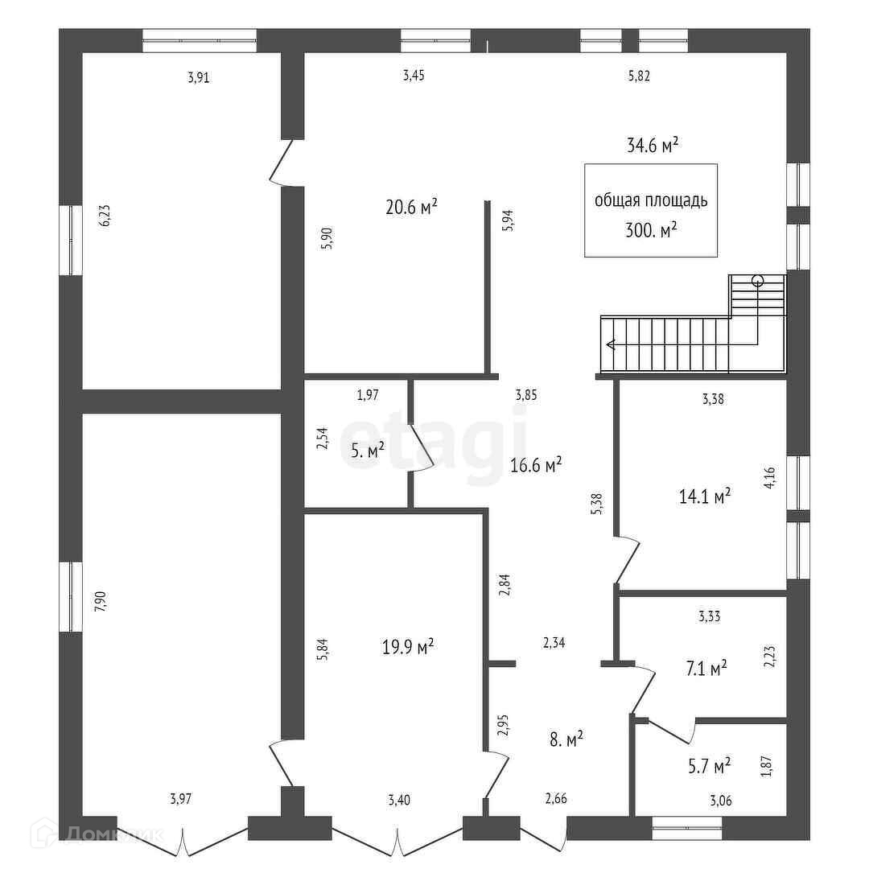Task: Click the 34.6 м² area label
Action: (x=652, y=145)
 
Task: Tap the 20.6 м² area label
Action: (x=411, y=207)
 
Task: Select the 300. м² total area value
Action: (x=650, y=230)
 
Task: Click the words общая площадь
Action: (x=651, y=201)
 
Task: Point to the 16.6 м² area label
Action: (x=536, y=465)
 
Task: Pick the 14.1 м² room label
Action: (x=705, y=496)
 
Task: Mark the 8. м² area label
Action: (x=566, y=739)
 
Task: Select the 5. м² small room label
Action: (x=368, y=450)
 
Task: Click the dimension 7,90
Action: (x=100, y=601)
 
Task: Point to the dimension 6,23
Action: (x=103, y=216)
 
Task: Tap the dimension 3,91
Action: (x=199, y=78)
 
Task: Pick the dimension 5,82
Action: (x=638, y=76)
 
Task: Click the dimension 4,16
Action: (x=769, y=478)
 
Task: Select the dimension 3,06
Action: (x=720, y=800)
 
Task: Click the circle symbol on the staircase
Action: (x=757, y=281)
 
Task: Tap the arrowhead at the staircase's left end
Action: (x=611, y=344)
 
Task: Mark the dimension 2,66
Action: (x=556, y=798)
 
